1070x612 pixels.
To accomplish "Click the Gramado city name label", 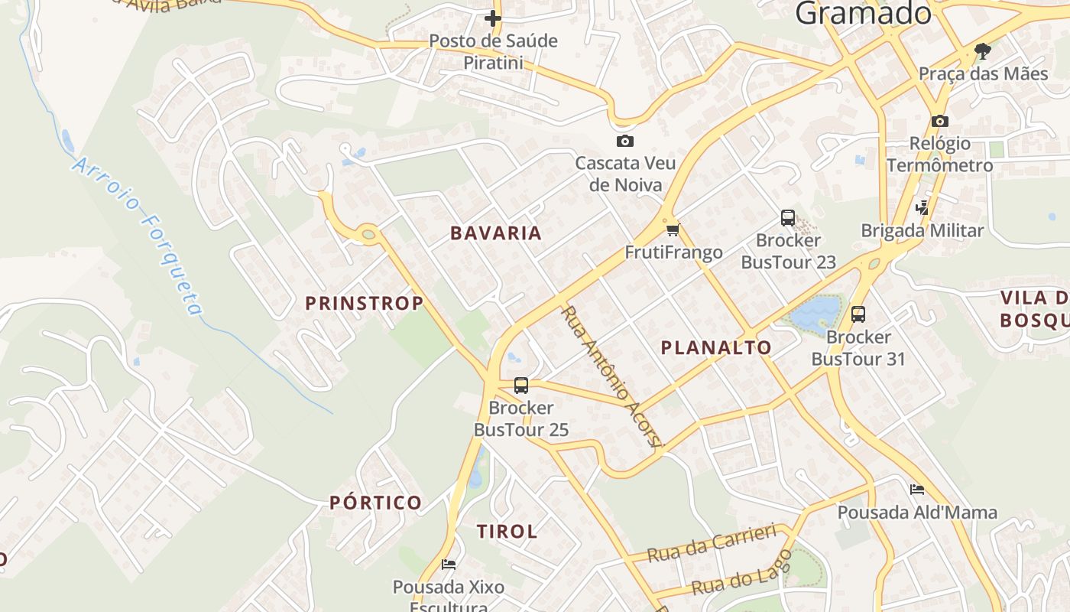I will coord(863,13).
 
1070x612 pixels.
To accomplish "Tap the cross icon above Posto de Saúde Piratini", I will coord(493,18).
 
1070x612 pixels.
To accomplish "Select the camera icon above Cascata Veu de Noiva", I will coord(624,141).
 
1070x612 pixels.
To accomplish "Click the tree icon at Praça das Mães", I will coord(983,51).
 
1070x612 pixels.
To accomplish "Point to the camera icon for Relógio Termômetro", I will coord(939,121).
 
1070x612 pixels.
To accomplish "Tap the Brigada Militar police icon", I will coord(922,207).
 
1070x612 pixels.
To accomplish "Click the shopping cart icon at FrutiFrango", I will coord(673,229).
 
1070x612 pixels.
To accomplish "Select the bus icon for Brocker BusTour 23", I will coord(788,218).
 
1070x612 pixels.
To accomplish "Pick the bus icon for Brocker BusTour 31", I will coord(858,314).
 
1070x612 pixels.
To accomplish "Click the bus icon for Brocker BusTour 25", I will coord(521,386).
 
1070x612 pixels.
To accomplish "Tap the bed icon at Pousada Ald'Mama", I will coord(917,490).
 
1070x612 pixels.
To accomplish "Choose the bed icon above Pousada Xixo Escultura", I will coord(449,565).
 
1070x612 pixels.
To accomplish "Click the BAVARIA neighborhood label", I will coord(495,233).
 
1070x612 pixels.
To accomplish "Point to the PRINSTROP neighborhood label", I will coord(365,303).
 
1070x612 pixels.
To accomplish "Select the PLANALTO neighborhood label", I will coord(716,347).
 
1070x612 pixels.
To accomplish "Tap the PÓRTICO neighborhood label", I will coord(375,503).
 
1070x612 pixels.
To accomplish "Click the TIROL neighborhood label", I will coord(507,531).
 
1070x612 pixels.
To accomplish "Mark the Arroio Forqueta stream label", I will coord(139,236).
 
